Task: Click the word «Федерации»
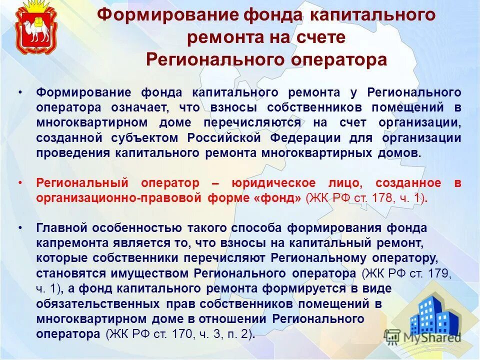[306, 137]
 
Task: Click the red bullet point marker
[19, 182]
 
